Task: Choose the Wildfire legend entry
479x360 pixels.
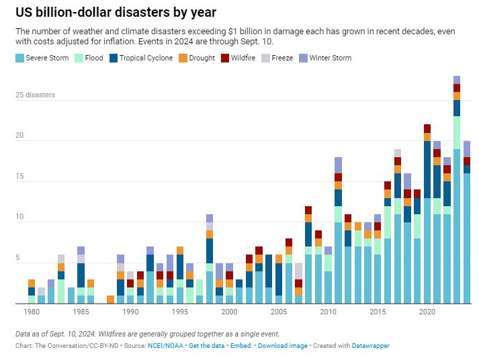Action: (x=241, y=58)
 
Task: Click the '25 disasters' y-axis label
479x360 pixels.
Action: (x=35, y=95)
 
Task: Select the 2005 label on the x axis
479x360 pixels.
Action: (x=279, y=312)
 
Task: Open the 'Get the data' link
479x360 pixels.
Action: (x=207, y=346)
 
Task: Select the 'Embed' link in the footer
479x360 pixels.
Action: (x=241, y=346)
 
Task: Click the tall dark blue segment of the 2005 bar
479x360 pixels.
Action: (x=279, y=279)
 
